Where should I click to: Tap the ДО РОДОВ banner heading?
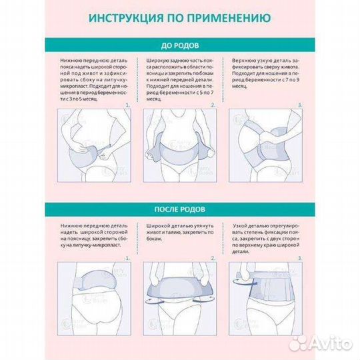coord(180,46)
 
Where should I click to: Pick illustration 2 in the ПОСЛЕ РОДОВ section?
coord(179,295)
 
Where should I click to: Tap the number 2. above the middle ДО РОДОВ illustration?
coord(213,105)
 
